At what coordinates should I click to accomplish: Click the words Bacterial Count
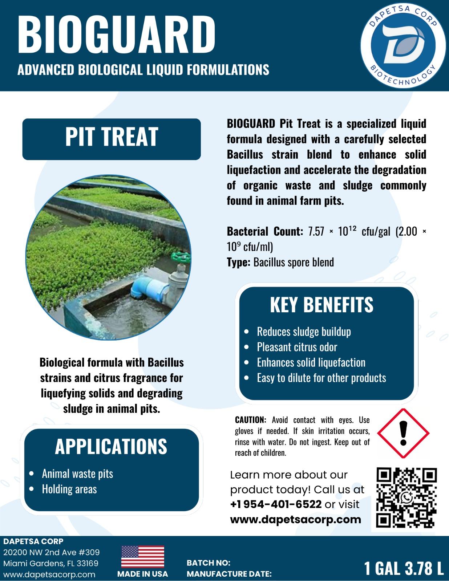[264, 231]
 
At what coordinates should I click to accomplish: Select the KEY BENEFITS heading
[321, 305]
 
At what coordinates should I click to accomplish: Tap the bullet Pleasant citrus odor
[297, 347]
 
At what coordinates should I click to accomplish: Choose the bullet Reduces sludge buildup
[304, 332]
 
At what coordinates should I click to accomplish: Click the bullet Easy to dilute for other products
[321, 378]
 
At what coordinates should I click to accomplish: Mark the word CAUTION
[251, 420]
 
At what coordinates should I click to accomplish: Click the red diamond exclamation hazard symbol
[403, 433]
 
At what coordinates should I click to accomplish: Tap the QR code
[406, 498]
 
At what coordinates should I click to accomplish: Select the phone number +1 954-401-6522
[276, 504]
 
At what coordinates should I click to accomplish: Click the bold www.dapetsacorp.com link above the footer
[296, 519]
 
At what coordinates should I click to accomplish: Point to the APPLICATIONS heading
[111, 446]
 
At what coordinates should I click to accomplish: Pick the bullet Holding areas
[69, 489]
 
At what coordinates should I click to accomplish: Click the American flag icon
[142, 557]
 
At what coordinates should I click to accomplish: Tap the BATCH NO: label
[209, 563]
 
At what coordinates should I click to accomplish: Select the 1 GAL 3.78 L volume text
[404, 568]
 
